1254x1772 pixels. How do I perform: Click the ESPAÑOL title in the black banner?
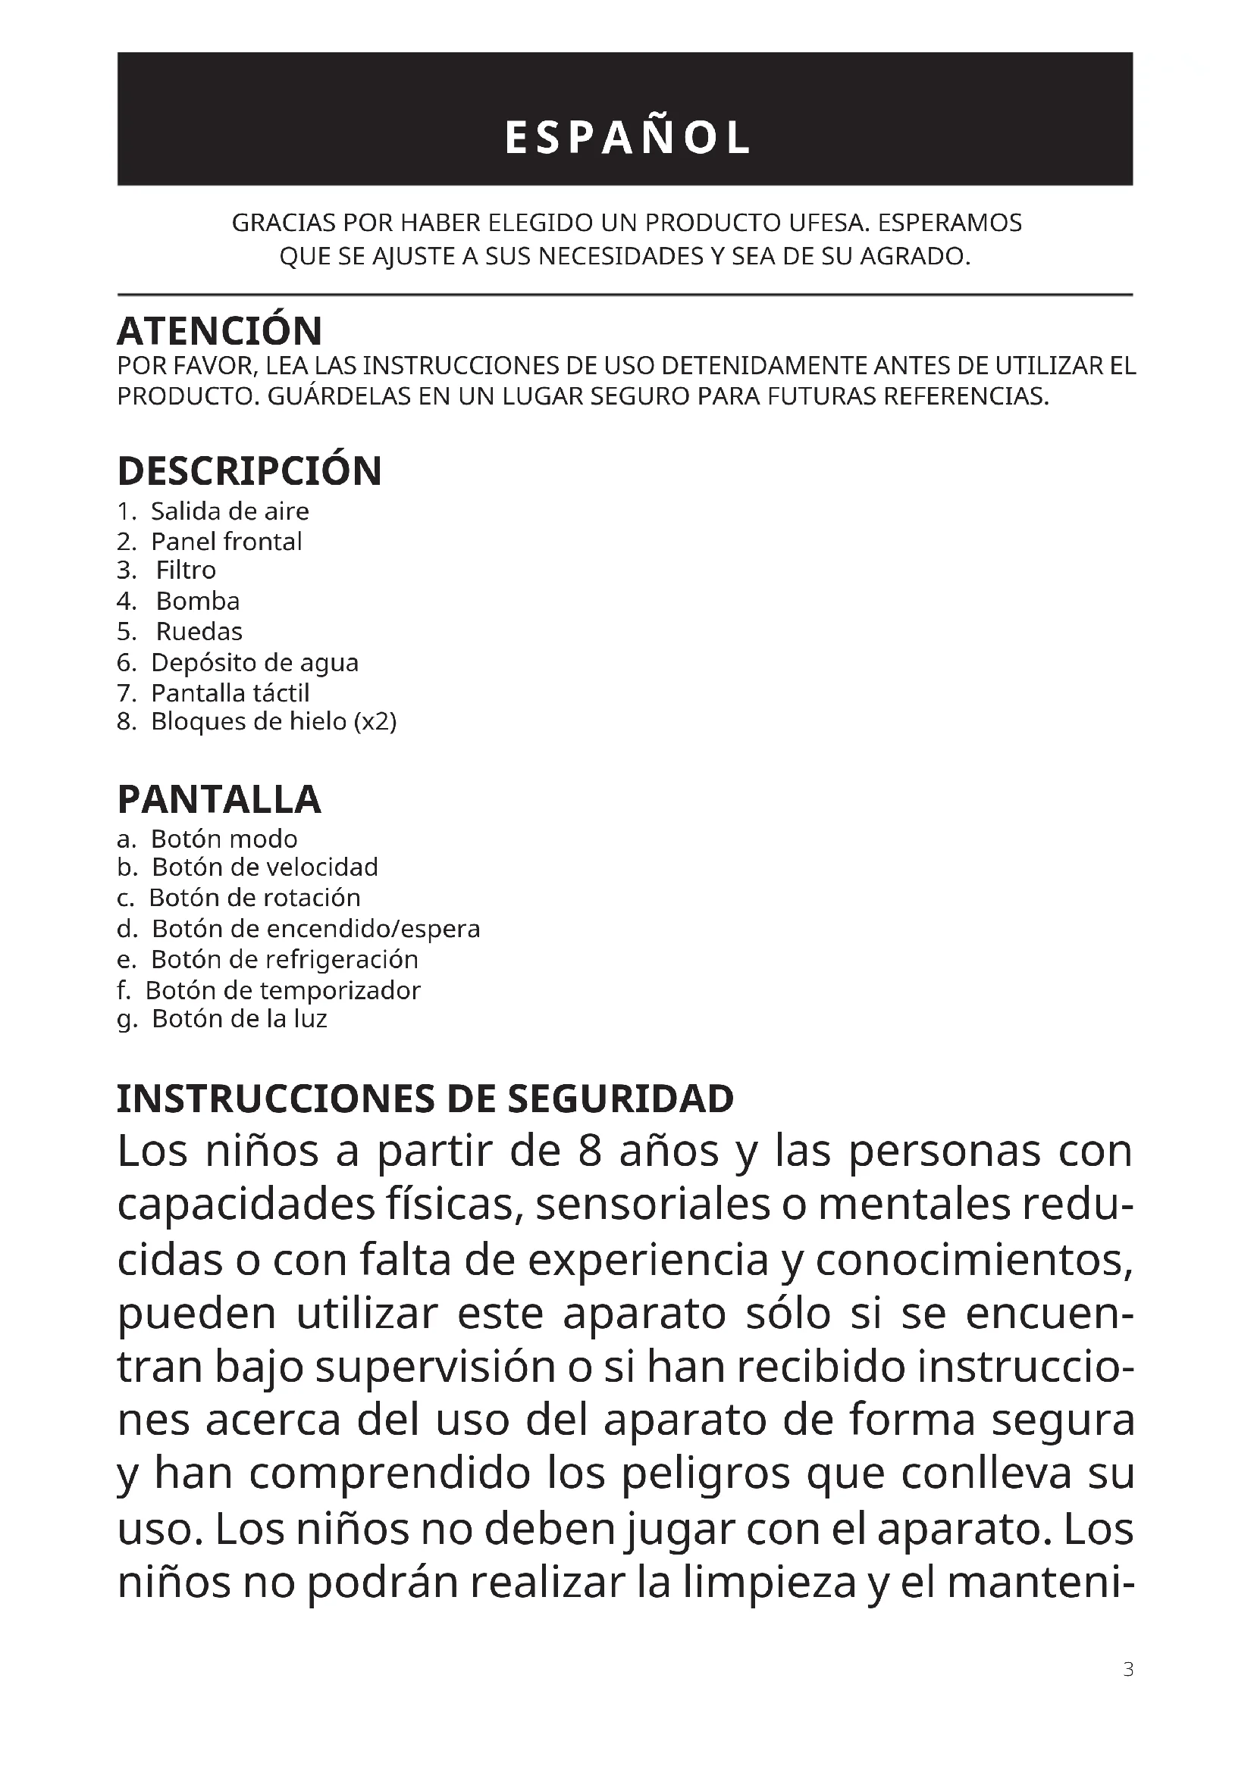pyautogui.click(x=626, y=138)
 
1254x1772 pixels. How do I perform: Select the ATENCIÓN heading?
pyautogui.click(x=219, y=331)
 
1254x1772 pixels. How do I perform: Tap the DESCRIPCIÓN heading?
pyautogui.click(x=249, y=470)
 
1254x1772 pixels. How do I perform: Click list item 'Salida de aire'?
pyautogui.click(x=229, y=511)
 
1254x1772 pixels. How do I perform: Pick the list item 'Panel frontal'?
pyautogui.click(x=226, y=542)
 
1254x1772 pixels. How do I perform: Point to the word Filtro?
pyautogui.click(x=186, y=570)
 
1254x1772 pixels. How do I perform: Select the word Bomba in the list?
pyautogui.click(x=198, y=602)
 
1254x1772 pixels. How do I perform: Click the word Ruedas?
pyautogui.click(x=199, y=632)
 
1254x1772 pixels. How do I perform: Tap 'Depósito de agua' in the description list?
pyautogui.click(x=254, y=663)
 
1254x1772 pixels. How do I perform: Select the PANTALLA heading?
pyautogui.click(x=218, y=799)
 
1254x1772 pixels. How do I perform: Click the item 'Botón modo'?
pyautogui.click(x=223, y=839)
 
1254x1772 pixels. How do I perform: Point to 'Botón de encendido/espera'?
pyautogui.click(x=315, y=929)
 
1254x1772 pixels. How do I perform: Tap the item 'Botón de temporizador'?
pyautogui.click(x=283, y=990)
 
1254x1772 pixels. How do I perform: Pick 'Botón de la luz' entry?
pyautogui.click(x=239, y=1020)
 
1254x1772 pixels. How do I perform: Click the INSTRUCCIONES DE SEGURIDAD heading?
pyautogui.click(x=425, y=1099)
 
